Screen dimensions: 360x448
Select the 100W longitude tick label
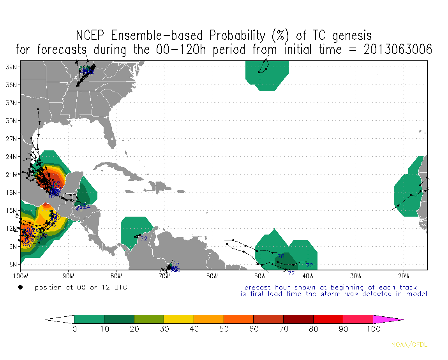click(20, 276)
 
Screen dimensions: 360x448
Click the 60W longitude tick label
click(212, 276)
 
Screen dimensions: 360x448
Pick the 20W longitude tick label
click(404, 276)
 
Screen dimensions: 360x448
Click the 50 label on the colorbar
click(224, 329)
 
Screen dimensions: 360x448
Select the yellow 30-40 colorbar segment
click(179, 319)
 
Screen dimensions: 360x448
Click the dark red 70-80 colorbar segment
click(298, 319)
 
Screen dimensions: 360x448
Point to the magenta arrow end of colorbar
click(388, 319)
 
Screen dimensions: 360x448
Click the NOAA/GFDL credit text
click(409, 345)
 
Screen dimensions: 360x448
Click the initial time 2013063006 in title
click(398, 49)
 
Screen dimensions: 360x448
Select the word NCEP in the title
click(92, 35)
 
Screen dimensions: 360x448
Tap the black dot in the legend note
click(20, 288)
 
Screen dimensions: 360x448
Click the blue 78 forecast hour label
click(280, 256)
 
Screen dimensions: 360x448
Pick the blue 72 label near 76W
click(144, 238)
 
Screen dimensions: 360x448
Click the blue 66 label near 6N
click(176, 264)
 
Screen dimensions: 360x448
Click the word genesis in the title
click(352, 35)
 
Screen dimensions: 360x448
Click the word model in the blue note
click(418, 294)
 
